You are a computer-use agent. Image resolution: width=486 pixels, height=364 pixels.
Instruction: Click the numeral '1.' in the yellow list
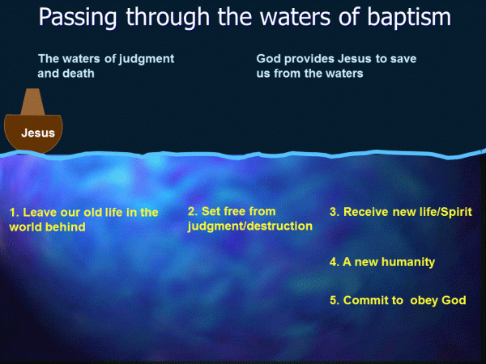point(14,213)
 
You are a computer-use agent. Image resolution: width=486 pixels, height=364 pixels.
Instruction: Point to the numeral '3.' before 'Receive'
point(335,212)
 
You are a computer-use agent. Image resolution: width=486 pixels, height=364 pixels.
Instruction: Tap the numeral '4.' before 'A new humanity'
point(335,262)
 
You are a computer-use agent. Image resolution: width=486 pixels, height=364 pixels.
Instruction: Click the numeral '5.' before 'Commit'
point(335,300)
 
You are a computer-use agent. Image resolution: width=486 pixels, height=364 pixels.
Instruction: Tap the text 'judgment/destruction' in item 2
point(249,226)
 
